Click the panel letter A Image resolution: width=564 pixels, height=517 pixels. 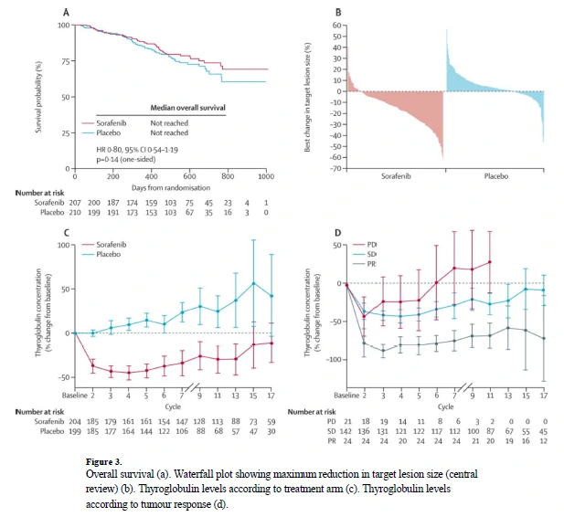(x=65, y=12)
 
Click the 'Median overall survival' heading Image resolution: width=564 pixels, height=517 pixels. (x=187, y=107)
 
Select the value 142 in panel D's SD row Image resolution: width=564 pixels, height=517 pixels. (x=346, y=432)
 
